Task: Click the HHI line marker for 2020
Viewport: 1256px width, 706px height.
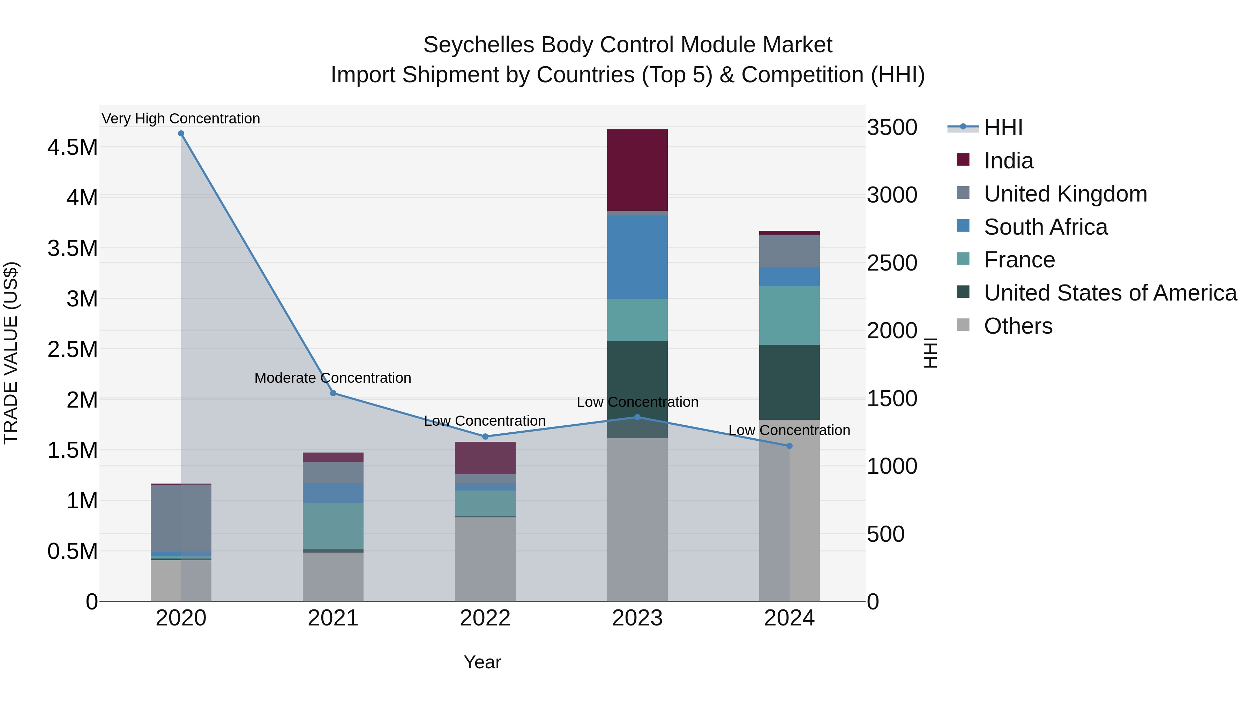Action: (x=181, y=134)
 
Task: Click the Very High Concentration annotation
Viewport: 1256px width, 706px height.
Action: (x=181, y=119)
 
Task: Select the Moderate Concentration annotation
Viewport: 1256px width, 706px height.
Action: (x=333, y=378)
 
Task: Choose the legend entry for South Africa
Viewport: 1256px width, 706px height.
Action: (x=1045, y=227)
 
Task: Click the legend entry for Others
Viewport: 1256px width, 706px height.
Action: (x=1018, y=326)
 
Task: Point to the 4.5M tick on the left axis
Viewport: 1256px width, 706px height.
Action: (x=72, y=147)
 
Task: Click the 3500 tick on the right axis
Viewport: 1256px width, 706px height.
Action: (x=892, y=128)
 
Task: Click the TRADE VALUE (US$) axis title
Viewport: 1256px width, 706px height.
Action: (x=11, y=353)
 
